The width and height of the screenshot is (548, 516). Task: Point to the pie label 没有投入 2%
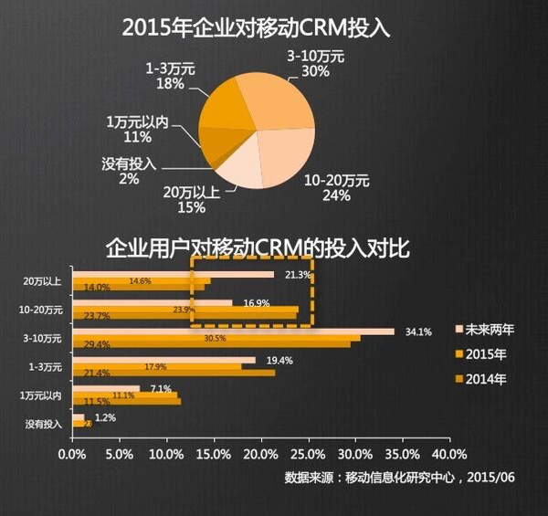point(128,172)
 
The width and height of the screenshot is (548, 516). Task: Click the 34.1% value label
point(418,332)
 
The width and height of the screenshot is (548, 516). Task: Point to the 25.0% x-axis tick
point(307,453)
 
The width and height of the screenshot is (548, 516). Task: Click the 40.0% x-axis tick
point(448,453)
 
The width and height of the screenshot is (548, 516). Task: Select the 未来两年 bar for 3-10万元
point(233,331)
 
